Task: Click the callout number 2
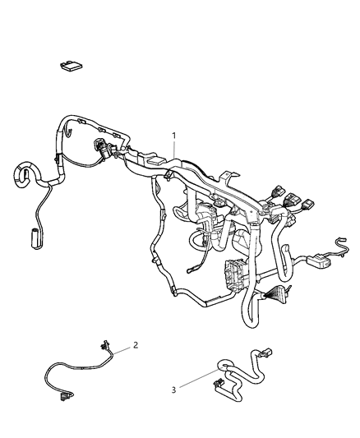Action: [x=136, y=345]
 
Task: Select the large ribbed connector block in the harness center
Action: [x=233, y=274]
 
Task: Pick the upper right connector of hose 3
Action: [x=272, y=353]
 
